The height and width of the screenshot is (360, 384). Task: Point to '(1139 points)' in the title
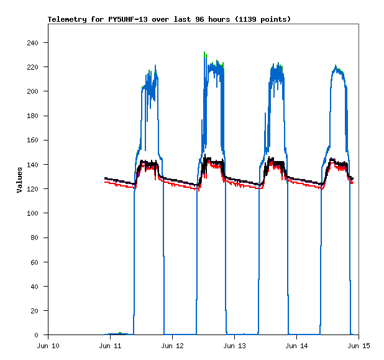click(x=261, y=19)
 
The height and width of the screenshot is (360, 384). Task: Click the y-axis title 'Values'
click(x=19, y=180)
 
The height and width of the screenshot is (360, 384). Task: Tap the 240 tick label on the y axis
click(x=32, y=43)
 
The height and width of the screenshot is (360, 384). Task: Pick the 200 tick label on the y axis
click(x=32, y=91)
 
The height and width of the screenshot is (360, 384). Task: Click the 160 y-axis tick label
click(x=32, y=140)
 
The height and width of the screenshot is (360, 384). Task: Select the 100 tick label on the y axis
click(x=32, y=213)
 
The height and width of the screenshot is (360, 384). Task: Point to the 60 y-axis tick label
click(x=35, y=262)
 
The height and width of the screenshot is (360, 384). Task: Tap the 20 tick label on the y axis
click(x=35, y=310)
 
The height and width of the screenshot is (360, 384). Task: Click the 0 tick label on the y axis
click(x=37, y=335)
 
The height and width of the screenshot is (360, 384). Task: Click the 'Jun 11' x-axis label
click(x=110, y=346)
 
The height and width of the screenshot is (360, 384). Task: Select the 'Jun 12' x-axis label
click(x=172, y=346)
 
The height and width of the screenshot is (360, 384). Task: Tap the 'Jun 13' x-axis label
click(x=234, y=346)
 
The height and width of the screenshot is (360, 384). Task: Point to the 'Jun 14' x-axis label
click(x=296, y=346)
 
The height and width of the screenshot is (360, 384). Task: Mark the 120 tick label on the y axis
click(x=32, y=189)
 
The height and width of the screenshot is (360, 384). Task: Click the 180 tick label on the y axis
click(x=32, y=116)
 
